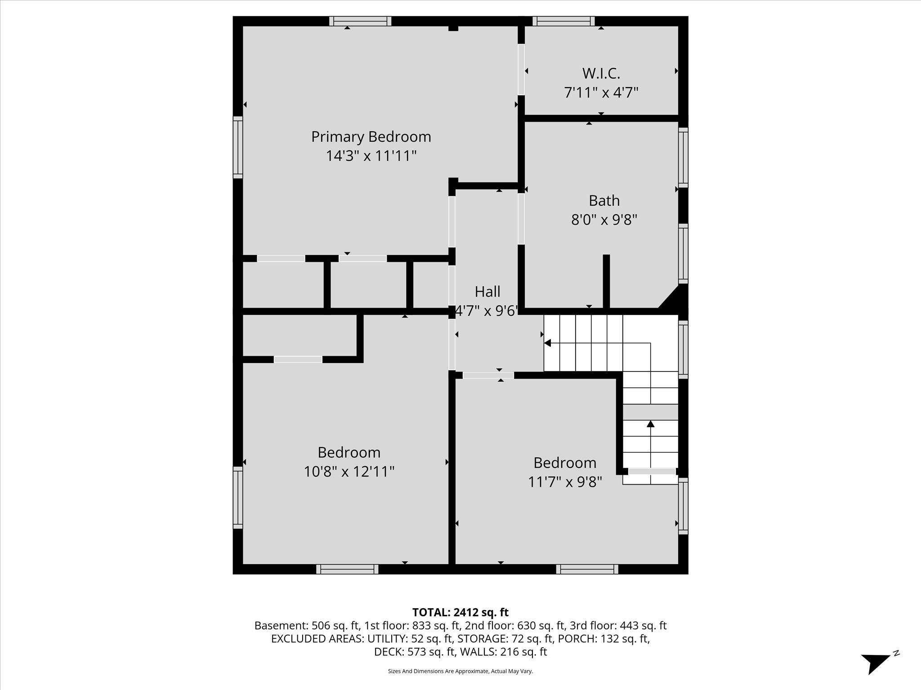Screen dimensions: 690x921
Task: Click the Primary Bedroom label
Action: (371, 137)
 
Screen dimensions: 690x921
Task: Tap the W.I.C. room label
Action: (601, 73)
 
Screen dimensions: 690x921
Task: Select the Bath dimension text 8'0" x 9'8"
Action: (604, 220)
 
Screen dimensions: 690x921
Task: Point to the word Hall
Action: (487, 292)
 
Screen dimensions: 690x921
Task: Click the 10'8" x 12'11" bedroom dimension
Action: (349, 472)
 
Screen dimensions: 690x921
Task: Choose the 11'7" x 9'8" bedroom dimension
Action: (565, 482)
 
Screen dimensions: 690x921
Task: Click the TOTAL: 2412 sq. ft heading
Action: (460, 612)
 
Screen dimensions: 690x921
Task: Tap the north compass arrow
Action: (875, 662)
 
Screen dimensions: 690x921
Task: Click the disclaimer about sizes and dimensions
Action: (460, 671)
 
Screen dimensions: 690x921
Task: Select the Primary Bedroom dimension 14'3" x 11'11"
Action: (371, 156)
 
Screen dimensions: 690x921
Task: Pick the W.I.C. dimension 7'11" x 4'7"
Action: (601, 93)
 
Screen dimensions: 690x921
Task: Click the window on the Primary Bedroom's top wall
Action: (360, 21)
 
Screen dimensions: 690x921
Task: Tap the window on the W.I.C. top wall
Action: (563, 21)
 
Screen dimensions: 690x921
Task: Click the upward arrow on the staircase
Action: (650, 424)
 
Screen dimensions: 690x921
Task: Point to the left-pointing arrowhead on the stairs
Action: (547, 343)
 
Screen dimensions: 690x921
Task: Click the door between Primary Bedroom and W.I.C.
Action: (521, 69)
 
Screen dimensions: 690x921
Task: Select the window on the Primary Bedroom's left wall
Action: (237, 147)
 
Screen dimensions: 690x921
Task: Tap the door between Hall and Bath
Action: (521, 218)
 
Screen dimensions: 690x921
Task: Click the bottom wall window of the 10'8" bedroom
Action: (347, 569)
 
